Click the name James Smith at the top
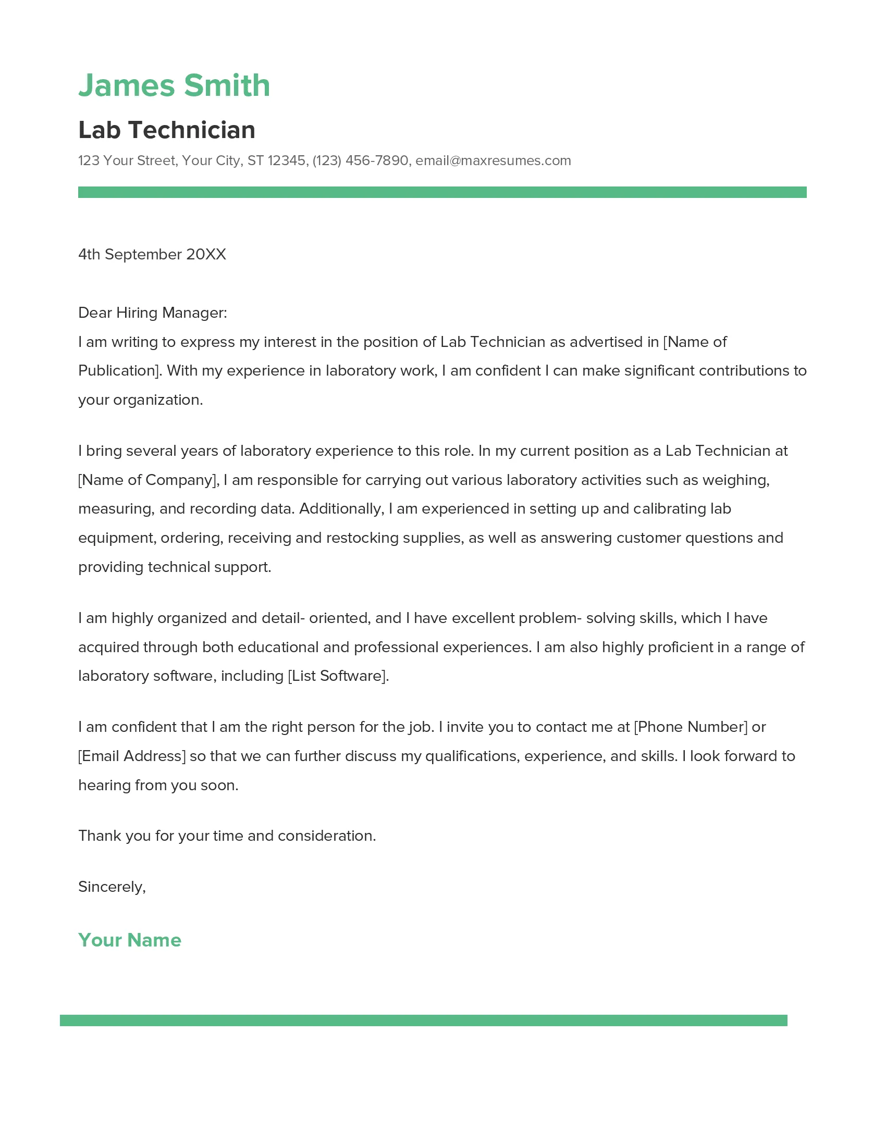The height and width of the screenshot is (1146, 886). coord(174,85)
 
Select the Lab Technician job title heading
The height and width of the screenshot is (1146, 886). coord(166,130)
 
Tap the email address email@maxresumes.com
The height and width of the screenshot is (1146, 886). coord(493,160)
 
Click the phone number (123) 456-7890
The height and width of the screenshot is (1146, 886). coord(360,160)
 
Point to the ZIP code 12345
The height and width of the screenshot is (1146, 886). coord(287,160)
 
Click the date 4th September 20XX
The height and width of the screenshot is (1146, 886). coord(152,255)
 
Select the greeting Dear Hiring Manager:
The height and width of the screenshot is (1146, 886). coord(152,313)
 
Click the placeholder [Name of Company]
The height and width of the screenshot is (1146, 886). coord(148,480)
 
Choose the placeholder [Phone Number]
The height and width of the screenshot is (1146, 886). coord(690,727)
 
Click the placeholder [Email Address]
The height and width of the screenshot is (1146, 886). coord(132,756)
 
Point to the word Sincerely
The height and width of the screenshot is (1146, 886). coord(110,887)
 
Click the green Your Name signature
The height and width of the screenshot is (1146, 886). coord(130,940)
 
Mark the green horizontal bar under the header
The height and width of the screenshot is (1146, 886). coord(442,192)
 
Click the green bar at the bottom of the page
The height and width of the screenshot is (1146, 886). coord(423,1020)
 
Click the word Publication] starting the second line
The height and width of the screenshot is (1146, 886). coord(120,371)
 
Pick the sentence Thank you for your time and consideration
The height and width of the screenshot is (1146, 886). coord(227,836)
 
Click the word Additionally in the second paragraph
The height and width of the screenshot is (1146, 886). coord(341,509)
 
